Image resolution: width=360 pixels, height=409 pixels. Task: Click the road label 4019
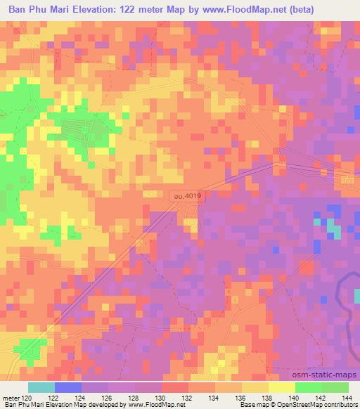click(186, 199)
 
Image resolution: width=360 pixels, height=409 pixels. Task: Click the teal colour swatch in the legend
click(41, 387)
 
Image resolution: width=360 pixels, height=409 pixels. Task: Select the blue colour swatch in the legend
click(67, 387)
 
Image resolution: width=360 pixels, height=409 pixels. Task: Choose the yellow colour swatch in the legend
click(281, 387)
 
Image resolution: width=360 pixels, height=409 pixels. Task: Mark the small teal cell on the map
click(335, 232)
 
